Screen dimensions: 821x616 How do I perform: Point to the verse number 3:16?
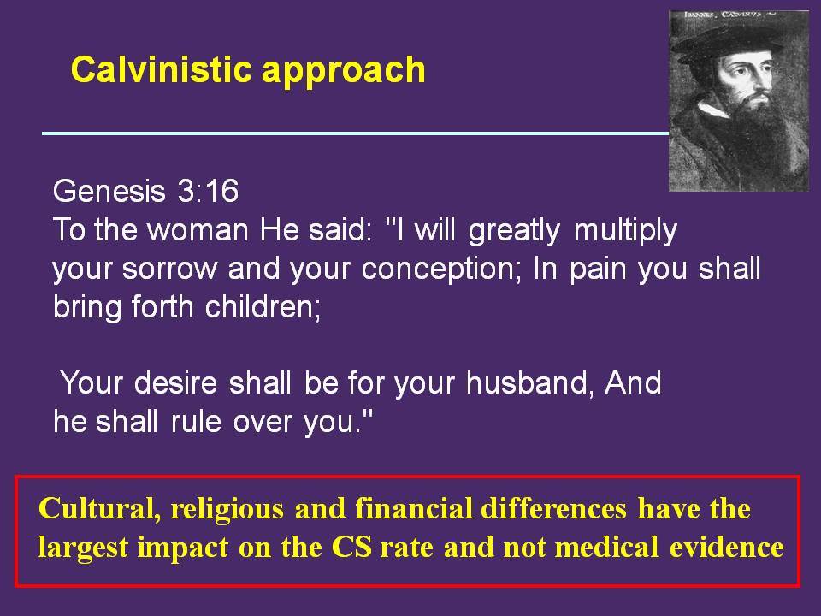209,190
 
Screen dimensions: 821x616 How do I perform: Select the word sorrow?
169,269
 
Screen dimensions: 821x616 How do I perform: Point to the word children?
263,306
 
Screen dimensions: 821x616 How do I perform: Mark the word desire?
174,383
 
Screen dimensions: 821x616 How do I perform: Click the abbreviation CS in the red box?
351,548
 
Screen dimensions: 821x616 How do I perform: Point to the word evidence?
727,548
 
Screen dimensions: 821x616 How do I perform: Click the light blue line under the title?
356,133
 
